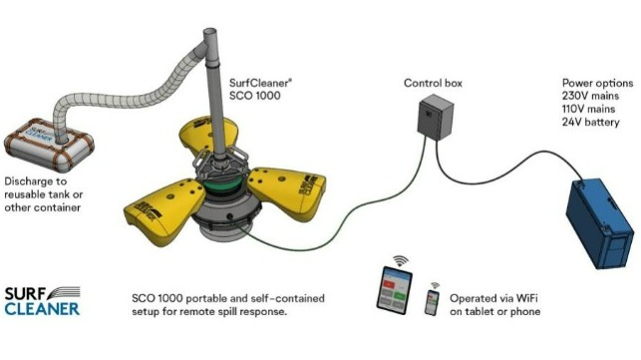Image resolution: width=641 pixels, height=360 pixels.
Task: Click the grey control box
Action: click(x=436, y=117)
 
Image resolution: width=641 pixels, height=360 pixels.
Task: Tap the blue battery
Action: click(x=600, y=223)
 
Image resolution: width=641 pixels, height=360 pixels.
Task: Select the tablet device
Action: click(x=394, y=290)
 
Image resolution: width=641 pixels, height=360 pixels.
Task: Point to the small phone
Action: click(x=432, y=303)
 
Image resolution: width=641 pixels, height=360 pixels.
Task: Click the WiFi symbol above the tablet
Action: click(x=401, y=260)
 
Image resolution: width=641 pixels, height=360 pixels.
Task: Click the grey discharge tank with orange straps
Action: click(x=49, y=145)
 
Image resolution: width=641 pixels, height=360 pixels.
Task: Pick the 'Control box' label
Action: click(x=433, y=83)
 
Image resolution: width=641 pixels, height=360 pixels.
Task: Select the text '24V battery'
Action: click(x=591, y=122)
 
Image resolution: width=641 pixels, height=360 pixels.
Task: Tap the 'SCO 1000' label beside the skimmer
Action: click(x=254, y=96)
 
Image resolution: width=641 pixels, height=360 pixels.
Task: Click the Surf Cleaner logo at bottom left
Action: click(x=42, y=301)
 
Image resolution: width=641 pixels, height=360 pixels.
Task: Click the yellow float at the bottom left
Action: click(x=164, y=211)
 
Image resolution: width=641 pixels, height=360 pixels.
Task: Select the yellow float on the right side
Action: click(x=287, y=191)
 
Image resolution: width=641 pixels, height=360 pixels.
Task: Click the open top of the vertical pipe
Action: click(x=209, y=32)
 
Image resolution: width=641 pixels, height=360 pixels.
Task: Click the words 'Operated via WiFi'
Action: click(x=493, y=298)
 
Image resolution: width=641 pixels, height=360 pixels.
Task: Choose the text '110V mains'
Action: click(x=589, y=109)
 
